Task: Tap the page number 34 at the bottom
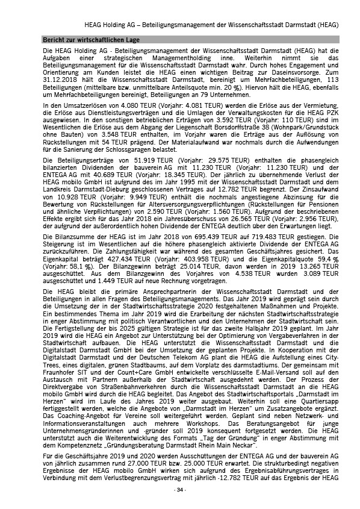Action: [180, 490]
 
